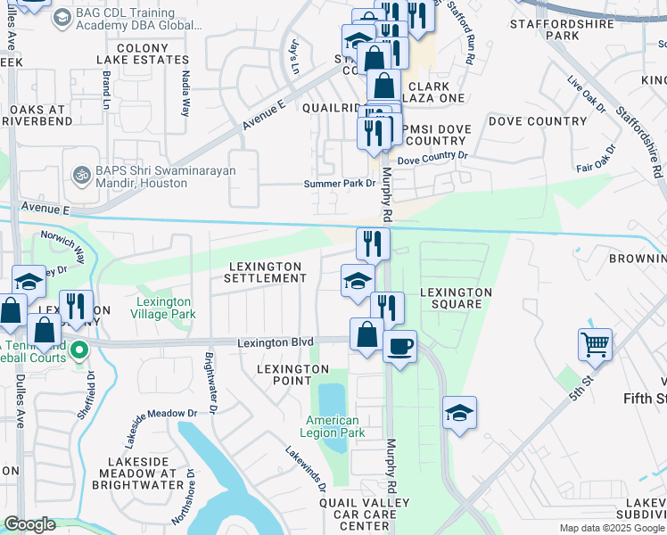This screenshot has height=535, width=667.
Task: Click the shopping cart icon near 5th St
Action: point(595,342)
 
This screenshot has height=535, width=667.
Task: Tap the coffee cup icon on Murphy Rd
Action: point(399,344)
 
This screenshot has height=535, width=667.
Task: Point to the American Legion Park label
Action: point(333,426)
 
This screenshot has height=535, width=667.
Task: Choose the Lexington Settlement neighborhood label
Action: point(268,272)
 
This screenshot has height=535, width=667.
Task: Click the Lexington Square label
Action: point(456,298)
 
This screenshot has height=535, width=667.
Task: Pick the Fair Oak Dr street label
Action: point(597,159)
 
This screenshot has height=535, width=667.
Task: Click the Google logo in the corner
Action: point(29,524)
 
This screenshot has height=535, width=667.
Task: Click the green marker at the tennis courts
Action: point(79,350)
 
